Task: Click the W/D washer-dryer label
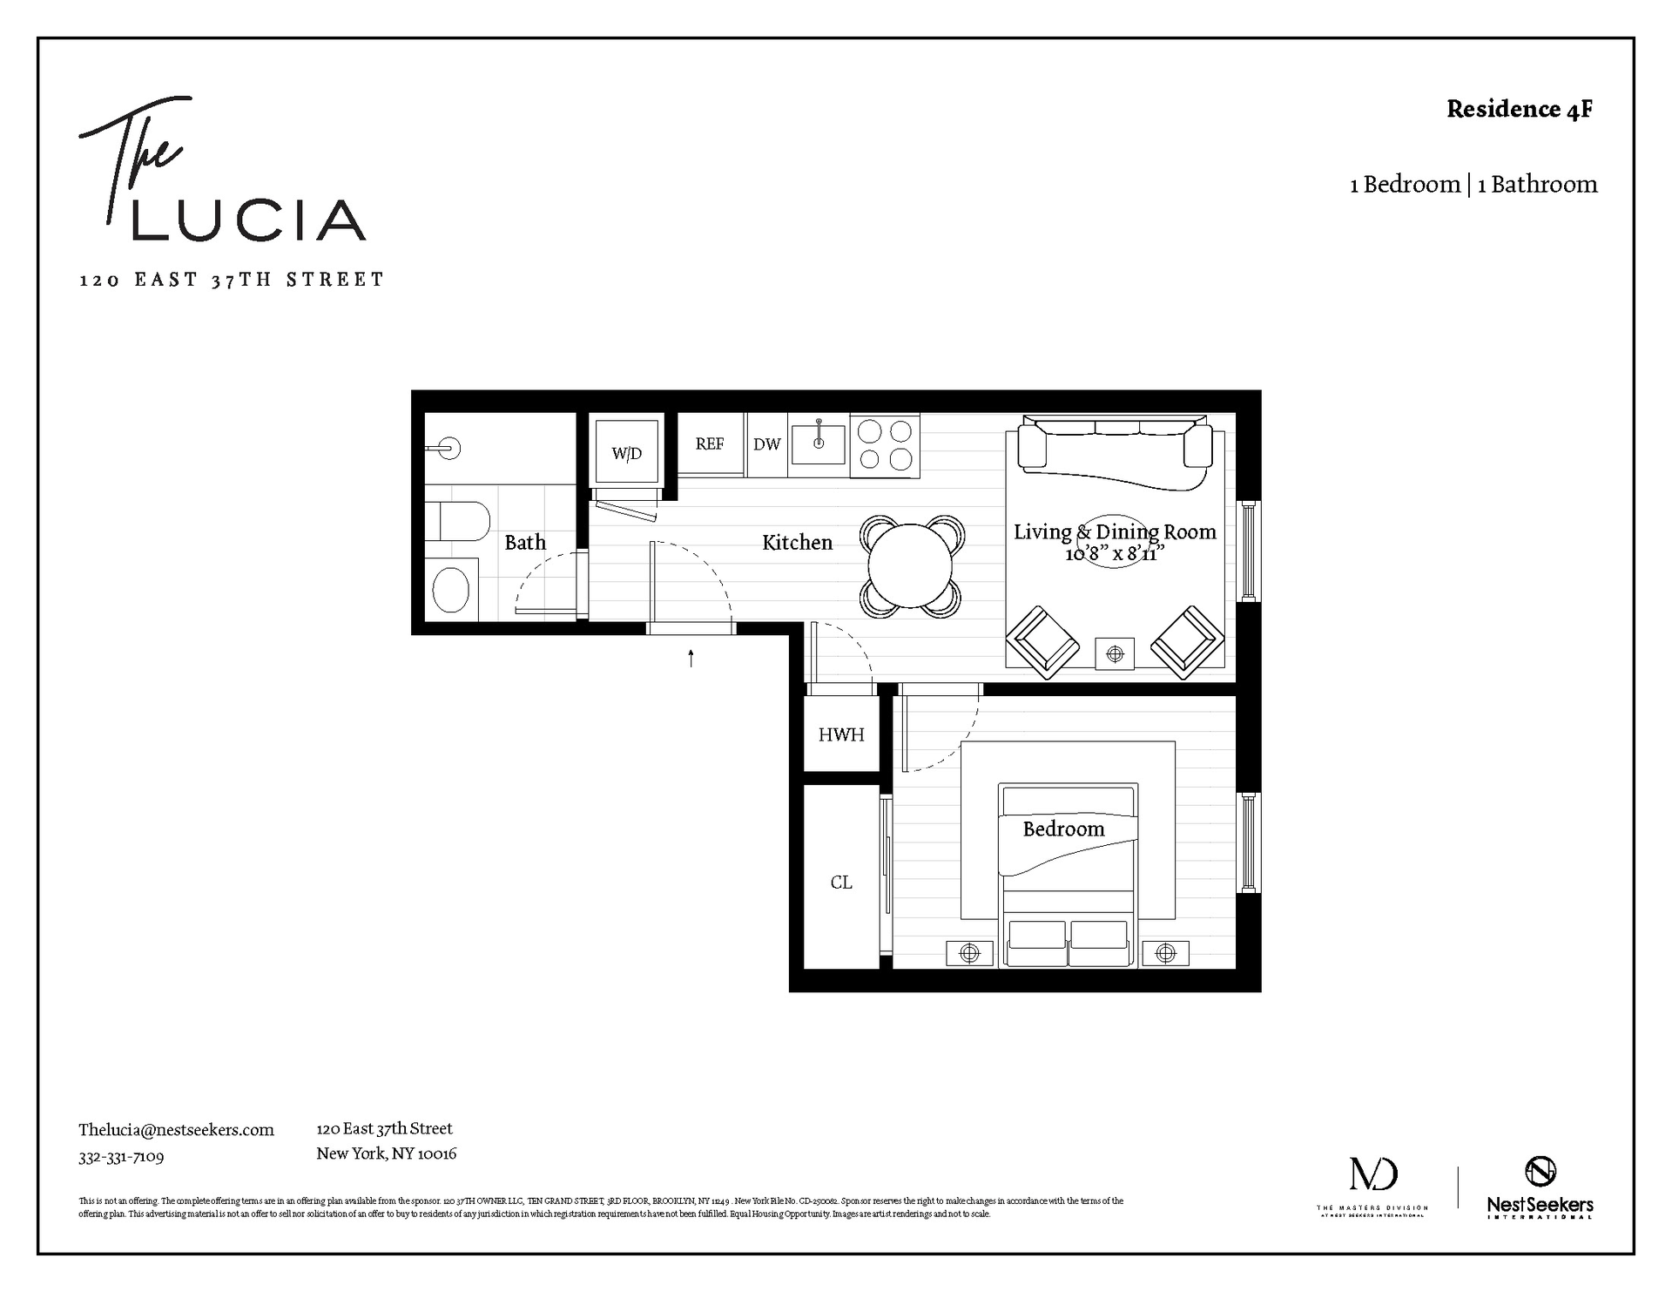626,454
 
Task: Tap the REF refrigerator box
710,444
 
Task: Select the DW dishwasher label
766,445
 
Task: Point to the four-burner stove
885,445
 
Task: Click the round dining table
911,565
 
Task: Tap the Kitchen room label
797,543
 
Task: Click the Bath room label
525,543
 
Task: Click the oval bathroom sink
451,590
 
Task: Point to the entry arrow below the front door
691,659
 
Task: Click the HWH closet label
841,735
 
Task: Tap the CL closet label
841,883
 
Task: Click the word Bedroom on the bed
1063,829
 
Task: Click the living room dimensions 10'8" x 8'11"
1115,554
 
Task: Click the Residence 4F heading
1520,110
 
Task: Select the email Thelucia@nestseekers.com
176,1130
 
